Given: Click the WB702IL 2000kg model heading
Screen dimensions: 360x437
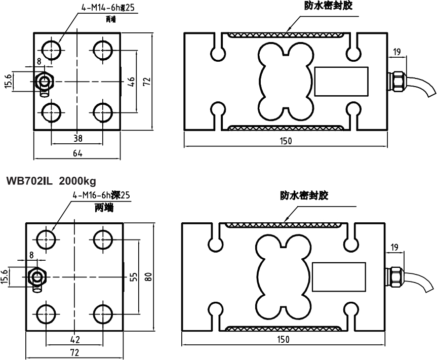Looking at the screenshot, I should pos(51,180).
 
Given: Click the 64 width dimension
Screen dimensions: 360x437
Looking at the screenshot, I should pos(77,153).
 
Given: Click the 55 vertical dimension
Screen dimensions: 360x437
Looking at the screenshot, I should pos(133,276).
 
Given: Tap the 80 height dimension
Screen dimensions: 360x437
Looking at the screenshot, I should pos(148,276).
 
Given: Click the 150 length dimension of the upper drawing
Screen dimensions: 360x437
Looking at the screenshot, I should pos(285,141).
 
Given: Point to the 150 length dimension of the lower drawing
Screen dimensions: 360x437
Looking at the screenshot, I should pos(285,340).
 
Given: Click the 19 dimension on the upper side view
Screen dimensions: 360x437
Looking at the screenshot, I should pos(396,51).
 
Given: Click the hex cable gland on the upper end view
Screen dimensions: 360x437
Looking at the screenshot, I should pos(46,81).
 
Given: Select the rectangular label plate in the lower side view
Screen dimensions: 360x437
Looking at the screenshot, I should pos(339,276).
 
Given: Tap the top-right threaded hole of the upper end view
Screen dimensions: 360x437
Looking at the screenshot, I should pos(103,50).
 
